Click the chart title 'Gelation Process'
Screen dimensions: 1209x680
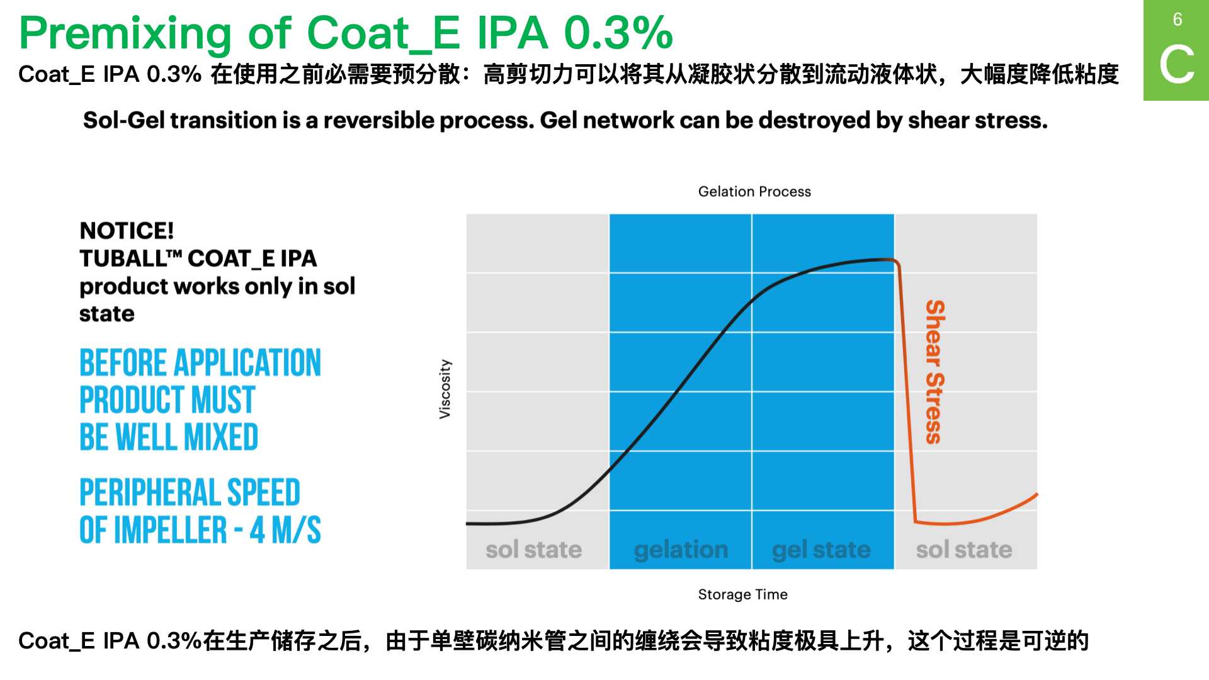tap(754, 191)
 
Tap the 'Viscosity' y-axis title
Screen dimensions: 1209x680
tap(445, 389)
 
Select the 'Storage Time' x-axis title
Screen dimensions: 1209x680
tap(742, 594)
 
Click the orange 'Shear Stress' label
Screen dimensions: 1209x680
tap(935, 372)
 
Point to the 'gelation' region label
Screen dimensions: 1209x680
tap(681, 550)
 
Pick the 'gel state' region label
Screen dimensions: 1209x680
tap(821, 550)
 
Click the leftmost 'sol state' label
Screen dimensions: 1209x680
tap(533, 550)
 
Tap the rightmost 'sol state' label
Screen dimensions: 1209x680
tap(964, 550)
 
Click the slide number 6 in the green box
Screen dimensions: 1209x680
tap(1177, 20)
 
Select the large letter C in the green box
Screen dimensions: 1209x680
tap(1176, 64)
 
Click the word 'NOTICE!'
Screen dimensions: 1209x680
tap(127, 230)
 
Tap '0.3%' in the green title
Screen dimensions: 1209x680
tap(618, 33)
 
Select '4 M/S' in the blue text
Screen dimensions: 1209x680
tap(285, 530)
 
